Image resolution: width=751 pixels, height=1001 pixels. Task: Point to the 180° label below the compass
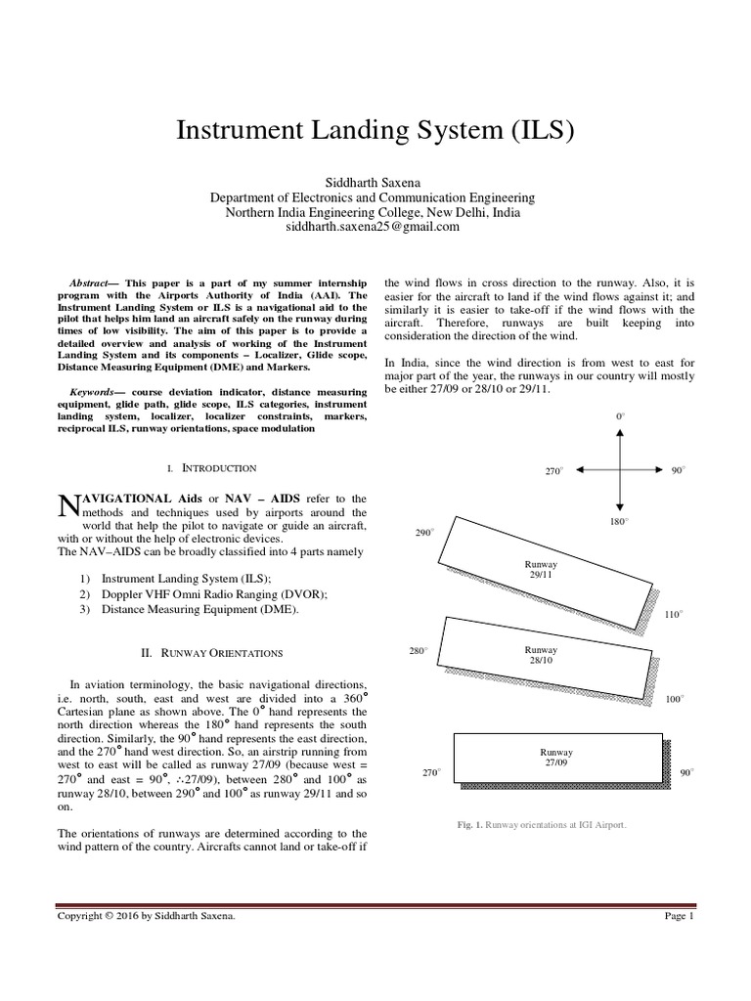tap(619, 521)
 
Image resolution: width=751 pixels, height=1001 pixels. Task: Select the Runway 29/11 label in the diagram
tap(541, 570)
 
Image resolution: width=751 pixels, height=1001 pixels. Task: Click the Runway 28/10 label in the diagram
tap(541, 655)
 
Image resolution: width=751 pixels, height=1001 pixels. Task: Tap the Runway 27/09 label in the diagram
tap(556, 757)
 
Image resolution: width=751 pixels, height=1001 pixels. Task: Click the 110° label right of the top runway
tap(674, 615)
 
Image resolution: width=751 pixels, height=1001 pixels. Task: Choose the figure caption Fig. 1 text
tap(541, 824)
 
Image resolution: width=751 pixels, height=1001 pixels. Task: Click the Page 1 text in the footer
tap(678, 916)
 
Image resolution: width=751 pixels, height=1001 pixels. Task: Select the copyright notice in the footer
tap(147, 916)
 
